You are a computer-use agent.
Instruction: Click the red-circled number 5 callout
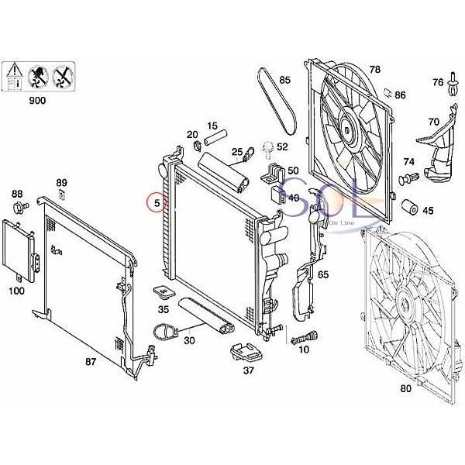(157, 204)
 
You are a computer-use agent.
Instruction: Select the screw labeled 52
(268, 146)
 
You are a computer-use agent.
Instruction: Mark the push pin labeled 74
(403, 181)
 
